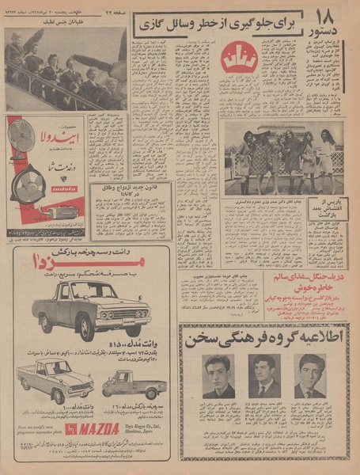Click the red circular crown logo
[237, 58]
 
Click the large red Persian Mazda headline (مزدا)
[93, 264]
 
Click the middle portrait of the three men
[263, 375]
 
